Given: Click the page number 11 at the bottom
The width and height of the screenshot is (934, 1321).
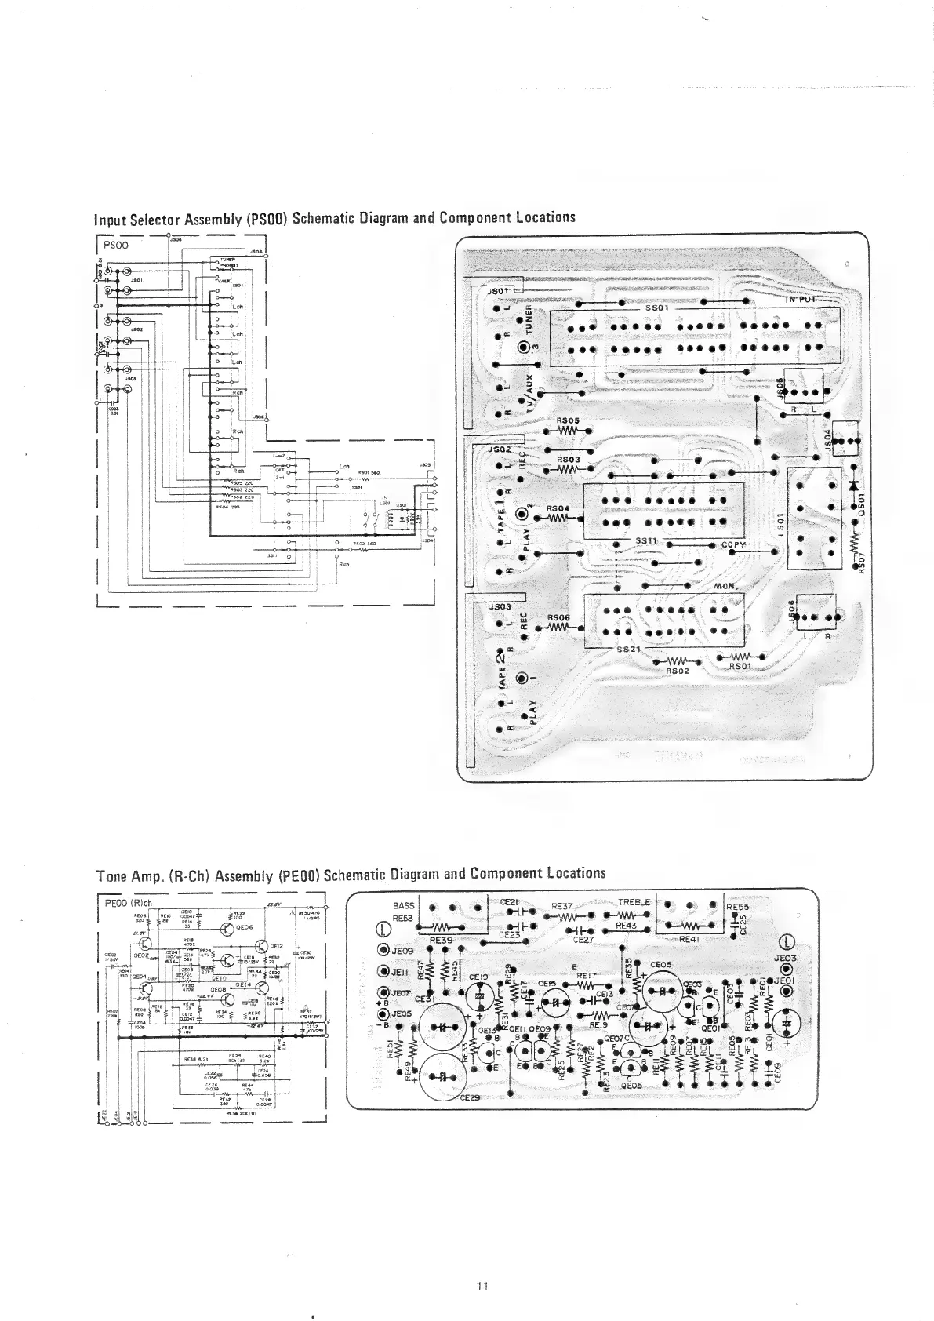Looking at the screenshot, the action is click(x=482, y=1285).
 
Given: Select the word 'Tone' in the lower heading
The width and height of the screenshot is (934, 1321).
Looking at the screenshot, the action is click(x=113, y=874).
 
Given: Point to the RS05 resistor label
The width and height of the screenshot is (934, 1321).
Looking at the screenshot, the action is click(x=568, y=421).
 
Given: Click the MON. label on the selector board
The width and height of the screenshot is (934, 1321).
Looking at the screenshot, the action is click(x=728, y=587).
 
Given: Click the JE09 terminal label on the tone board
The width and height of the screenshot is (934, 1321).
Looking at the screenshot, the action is click(x=402, y=949).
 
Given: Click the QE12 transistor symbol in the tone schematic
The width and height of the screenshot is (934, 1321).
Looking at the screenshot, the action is click(x=262, y=947).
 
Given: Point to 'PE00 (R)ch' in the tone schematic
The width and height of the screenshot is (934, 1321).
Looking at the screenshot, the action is click(x=127, y=902).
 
